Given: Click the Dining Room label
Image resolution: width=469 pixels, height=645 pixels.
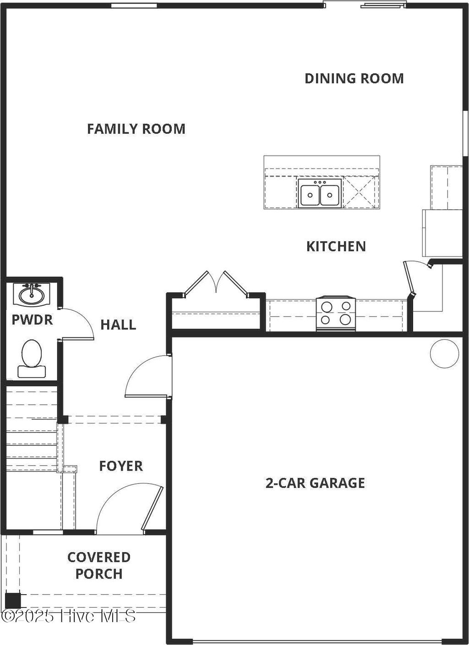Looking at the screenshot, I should (x=354, y=78).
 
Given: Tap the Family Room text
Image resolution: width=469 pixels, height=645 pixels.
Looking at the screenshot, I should (x=136, y=129).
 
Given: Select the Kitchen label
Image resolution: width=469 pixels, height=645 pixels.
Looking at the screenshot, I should (x=336, y=246).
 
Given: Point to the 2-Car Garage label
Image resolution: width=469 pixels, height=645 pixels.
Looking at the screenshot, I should (x=315, y=483).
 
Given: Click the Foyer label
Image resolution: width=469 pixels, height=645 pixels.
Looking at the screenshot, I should (x=121, y=466).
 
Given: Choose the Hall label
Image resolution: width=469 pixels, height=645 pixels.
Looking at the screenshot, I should (x=118, y=325).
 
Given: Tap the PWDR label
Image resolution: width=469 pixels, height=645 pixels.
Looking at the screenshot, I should (x=32, y=320).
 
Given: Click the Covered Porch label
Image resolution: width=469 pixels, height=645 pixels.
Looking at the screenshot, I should (x=99, y=565).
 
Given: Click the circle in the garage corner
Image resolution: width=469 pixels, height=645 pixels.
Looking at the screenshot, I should (x=444, y=353).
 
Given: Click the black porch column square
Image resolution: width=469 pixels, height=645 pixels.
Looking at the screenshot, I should (x=13, y=600).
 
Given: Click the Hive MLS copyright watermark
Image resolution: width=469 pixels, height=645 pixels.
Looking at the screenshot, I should (x=69, y=616).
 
